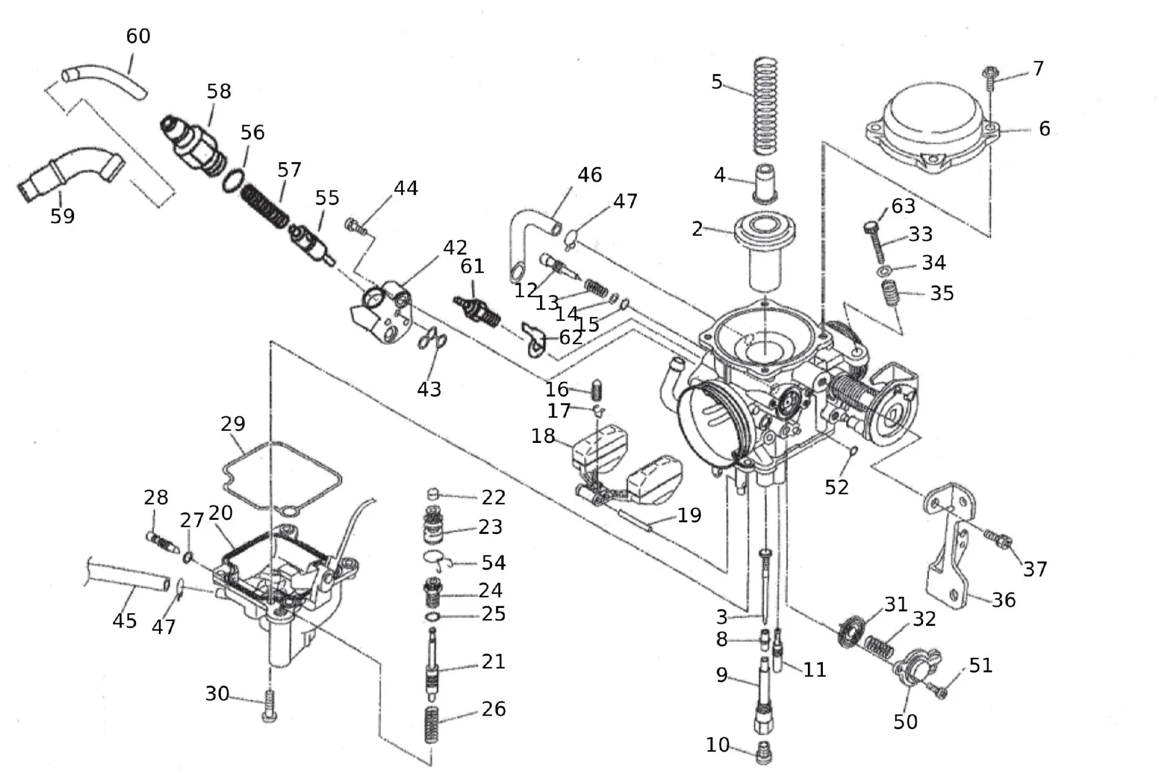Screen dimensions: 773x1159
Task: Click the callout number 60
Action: tap(139, 36)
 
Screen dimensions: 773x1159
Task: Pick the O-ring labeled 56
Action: tap(232, 180)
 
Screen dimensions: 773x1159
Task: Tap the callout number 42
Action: tap(455, 248)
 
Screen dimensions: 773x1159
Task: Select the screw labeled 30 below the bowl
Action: tap(269, 706)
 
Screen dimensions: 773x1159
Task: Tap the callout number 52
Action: tap(836, 488)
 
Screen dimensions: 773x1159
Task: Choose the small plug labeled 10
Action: tap(764, 753)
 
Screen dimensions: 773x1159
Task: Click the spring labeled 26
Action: tap(432, 724)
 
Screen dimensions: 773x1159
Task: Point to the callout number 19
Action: tap(689, 515)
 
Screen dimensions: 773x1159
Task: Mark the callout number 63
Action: tap(903, 206)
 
